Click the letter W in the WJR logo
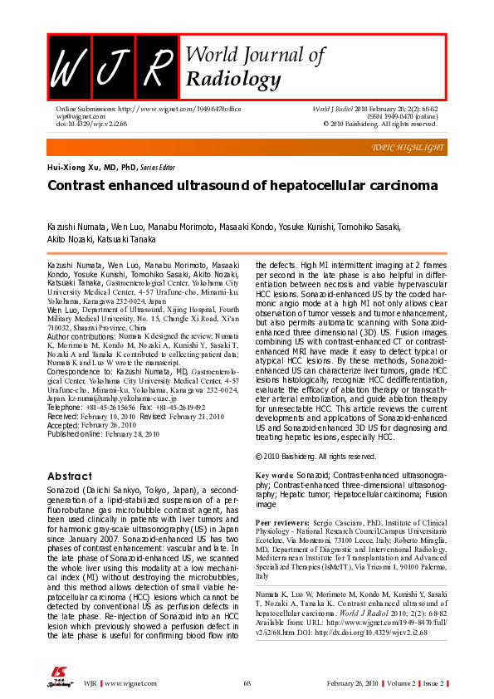(x=68, y=66)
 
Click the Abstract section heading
(x=69, y=477)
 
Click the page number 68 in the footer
(x=247, y=683)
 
